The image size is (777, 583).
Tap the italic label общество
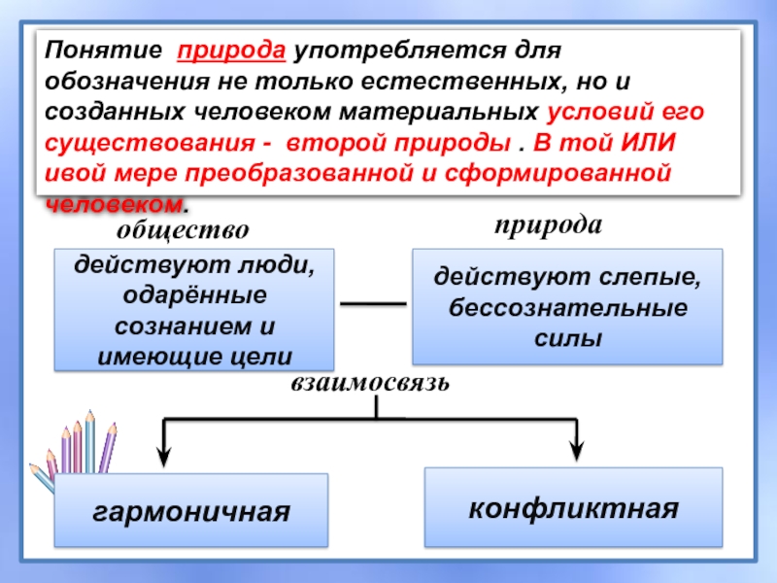(x=184, y=230)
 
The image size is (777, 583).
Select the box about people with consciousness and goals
(x=195, y=310)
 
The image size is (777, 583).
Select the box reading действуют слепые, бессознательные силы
(x=568, y=307)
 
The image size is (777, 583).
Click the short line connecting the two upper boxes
(x=373, y=305)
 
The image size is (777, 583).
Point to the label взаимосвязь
(x=370, y=382)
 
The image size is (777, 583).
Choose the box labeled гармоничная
(x=192, y=510)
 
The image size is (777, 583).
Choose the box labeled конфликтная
(x=573, y=507)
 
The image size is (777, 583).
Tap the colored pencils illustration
(x=78, y=452)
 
